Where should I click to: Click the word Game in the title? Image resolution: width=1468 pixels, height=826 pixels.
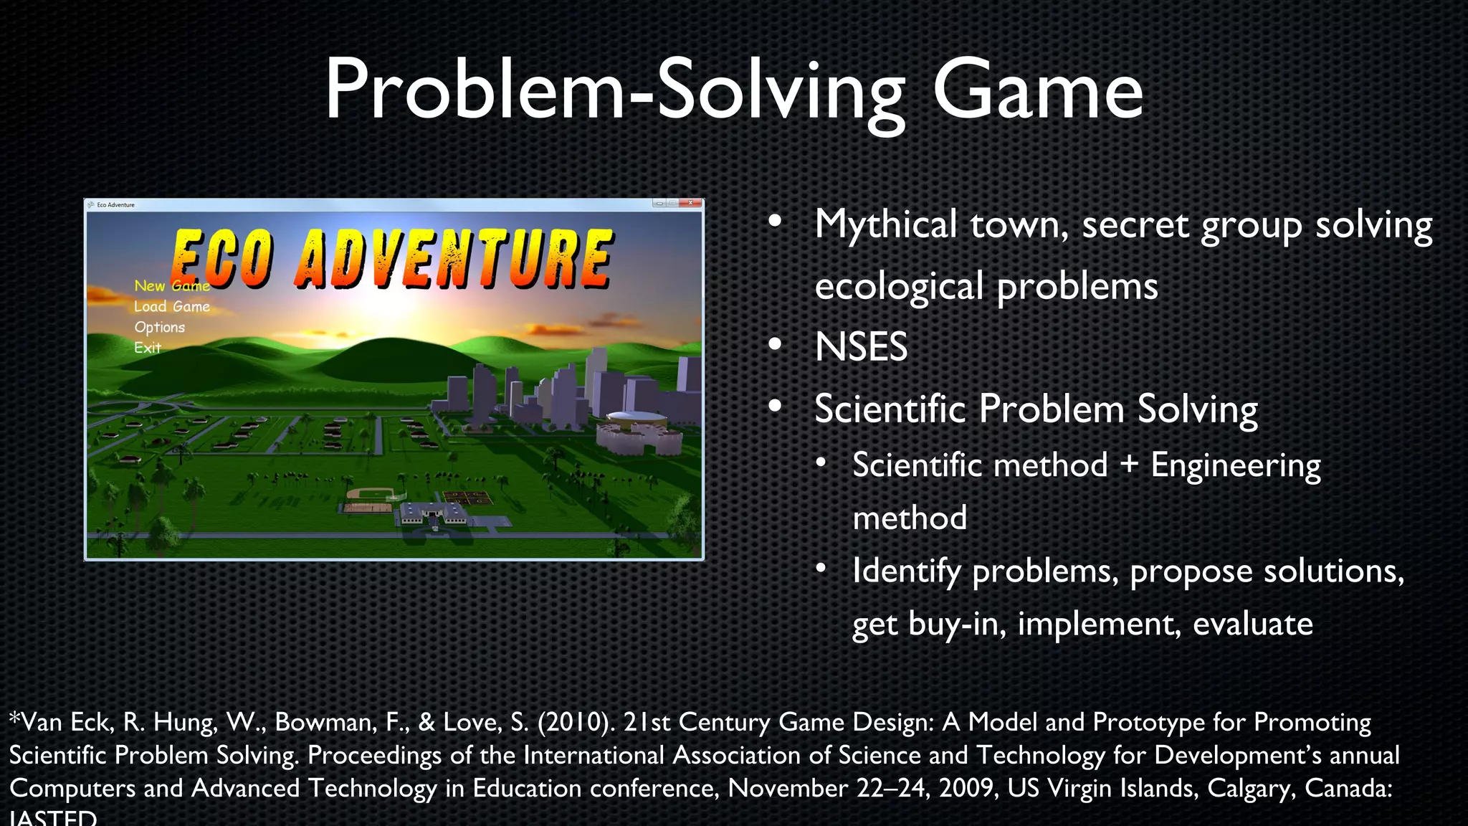[x=1036, y=92]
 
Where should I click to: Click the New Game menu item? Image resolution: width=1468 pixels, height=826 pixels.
[x=171, y=285]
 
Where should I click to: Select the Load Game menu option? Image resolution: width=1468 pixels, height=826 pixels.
[x=171, y=306]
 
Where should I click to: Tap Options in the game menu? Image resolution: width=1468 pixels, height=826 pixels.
[x=159, y=327]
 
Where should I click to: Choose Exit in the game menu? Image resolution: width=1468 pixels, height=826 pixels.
[x=147, y=348]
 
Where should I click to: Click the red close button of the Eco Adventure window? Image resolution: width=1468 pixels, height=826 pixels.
[x=691, y=204]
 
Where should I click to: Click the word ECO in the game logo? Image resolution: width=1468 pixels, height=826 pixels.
[x=222, y=258]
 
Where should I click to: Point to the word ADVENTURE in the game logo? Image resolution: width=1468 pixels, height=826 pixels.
[x=454, y=258]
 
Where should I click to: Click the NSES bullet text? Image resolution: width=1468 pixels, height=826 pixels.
[x=861, y=347]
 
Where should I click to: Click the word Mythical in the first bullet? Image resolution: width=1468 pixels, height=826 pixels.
[x=885, y=225]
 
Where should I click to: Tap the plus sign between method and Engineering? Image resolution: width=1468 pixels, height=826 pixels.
[x=1129, y=465]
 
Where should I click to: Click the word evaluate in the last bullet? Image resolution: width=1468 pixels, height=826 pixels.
[x=1252, y=624]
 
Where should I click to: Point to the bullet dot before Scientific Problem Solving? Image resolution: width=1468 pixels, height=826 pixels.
[x=775, y=407]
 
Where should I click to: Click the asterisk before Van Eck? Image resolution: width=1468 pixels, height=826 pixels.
[x=14, y=718]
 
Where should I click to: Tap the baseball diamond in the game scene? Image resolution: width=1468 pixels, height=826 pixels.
[x=371, y=494]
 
